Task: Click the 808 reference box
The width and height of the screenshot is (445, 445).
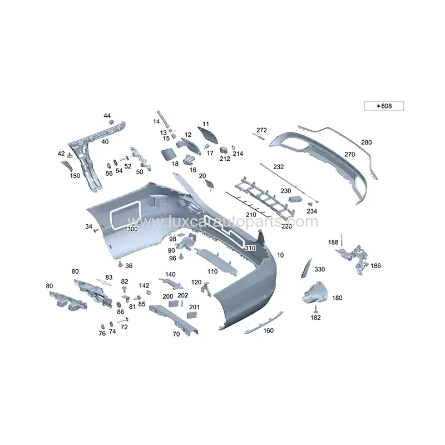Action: (384, 106)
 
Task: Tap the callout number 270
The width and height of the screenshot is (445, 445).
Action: (349, 154)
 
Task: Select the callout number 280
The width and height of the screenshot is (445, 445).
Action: (366, 142)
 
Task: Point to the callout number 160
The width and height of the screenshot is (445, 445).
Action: (269, 330)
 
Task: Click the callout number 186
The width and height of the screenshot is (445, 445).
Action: (376, 266)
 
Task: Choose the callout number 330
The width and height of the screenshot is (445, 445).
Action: (319, 269)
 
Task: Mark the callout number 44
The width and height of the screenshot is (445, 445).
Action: (107, 116)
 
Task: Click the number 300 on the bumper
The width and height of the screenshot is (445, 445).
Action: (132, 229)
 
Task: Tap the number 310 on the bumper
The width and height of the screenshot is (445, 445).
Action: (250, 248)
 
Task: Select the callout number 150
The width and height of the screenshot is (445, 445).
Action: (75, 176)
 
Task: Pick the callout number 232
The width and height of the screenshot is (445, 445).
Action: (278, 167)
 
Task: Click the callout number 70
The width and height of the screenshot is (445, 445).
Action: (176, 334)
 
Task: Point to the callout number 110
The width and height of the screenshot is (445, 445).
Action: (212, 271)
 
